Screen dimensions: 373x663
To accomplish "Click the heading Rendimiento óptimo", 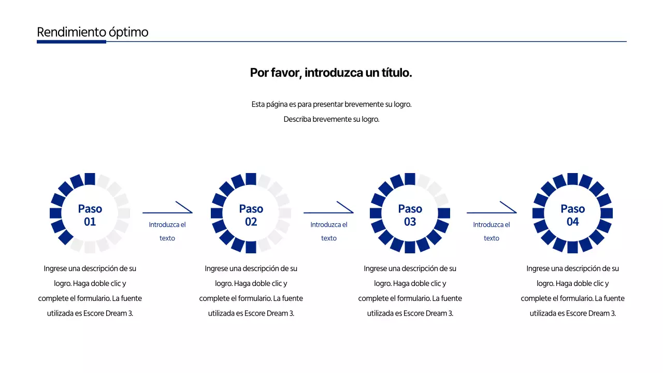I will pos(92,32).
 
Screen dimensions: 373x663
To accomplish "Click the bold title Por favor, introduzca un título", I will pos(331,73).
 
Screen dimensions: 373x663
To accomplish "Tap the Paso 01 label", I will pos(90,214).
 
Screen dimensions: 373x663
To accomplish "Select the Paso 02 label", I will pos(251,214).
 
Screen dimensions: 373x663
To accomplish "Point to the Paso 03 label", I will pos(410,214).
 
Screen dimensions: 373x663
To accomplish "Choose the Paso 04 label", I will pos(573,214).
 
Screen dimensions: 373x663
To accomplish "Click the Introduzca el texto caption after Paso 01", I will pos(167,232).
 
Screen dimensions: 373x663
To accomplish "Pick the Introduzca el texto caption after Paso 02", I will pos(329,232).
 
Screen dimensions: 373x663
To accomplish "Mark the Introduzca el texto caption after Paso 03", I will pos(492,232).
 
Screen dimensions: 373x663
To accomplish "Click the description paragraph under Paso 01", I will pos(90,291).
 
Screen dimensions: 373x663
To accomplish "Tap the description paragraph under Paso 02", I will pos(251,291).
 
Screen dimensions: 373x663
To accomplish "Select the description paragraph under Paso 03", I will pos(410,291).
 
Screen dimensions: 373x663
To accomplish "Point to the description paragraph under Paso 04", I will pos(573,291).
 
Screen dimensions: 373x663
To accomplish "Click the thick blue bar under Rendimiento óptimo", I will pos(71,41).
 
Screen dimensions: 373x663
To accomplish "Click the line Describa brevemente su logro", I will pos(331,119).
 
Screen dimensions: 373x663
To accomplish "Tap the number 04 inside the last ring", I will pos(573,222).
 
